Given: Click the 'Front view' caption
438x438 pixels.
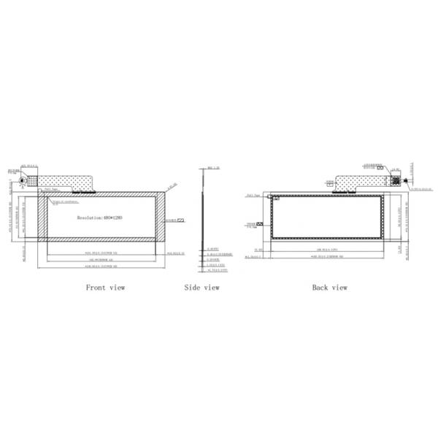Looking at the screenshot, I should pyautogui.click(x=105, y=288).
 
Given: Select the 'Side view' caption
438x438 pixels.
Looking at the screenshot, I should pyautogui.click(x=201, y=288).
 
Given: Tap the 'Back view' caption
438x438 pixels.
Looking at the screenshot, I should pyautogui.click(x=330, y=288).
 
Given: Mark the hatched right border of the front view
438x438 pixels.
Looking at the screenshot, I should pyautogui.click(x=160, y=218).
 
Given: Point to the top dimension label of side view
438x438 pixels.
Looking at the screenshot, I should pyautogui.click(x=213, y=168).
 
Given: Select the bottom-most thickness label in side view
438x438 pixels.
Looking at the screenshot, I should pyautogui.click(x=218, y=270).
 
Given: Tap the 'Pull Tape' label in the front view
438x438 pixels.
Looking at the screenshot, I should pyautogui.click(x=48, y=188).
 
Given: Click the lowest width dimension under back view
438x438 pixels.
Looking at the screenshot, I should pyautogui.click(x=329, y=257).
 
